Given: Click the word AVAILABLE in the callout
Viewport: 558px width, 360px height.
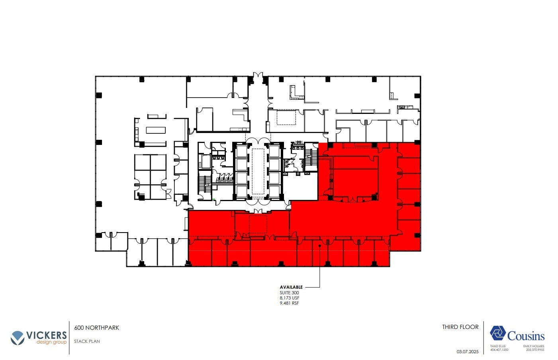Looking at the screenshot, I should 291,287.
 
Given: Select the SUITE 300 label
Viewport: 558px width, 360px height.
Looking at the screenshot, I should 289,293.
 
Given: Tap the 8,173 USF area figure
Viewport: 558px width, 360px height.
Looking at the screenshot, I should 290,298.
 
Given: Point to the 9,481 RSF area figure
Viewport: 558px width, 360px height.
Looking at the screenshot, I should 290,303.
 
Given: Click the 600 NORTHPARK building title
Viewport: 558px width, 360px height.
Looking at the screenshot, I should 97,328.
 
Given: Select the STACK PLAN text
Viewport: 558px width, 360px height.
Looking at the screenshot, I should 87,341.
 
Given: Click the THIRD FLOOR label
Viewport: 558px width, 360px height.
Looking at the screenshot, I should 460,327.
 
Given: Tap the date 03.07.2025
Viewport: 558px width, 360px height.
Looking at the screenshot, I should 467,352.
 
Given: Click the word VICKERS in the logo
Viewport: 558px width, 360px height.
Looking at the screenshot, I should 46,335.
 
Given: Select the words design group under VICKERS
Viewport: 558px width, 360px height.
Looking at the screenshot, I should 51,342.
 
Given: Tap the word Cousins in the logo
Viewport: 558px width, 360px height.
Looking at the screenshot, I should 526,336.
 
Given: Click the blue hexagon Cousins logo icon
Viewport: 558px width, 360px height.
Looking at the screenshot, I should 497,333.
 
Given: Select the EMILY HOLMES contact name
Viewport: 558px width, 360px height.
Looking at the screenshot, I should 533,346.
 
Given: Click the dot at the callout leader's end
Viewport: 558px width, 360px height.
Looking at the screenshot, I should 320,246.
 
